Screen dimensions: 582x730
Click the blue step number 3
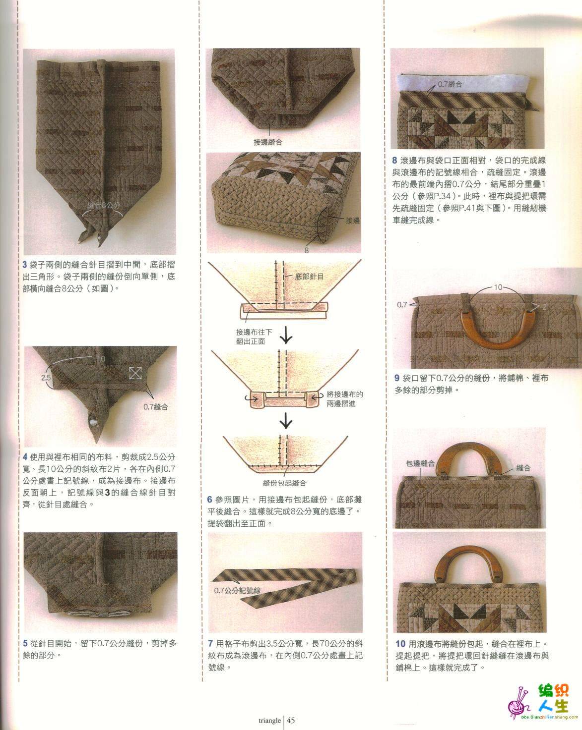pyautogui.click(x=25, y=265)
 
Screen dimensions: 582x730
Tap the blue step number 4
pyautogui.click(x=25, y=457)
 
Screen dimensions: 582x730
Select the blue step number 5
pyautogui.click(x=25, y=643)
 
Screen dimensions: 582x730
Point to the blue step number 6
pyautogui.click(x=209, y=500)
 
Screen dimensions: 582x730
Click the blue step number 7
pyautogui.click(x=210, y=643)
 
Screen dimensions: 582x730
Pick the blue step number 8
pyautogui.click(x=394, y=161)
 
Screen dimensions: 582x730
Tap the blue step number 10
pyautogui.click(x=400, y=643)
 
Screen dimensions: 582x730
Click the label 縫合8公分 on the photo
pyautogui.click(x=104, y=205)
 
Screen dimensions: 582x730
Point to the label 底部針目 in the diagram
pyautogui.click(x=309, y=277)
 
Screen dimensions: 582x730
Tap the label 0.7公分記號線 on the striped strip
pyautogui.click(x=237, y=591)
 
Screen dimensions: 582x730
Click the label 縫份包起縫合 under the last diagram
pyautogui.click(x=285, y=483)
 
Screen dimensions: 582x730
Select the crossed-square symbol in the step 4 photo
pyautogui.click(x=135, y=373)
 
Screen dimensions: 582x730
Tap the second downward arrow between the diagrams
pyautogui.click(x=286, y=421)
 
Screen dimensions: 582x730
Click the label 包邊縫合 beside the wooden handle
pyautogui.click(x=420, y=463)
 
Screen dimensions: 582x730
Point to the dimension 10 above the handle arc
pyautogui.click(x=498, y=287)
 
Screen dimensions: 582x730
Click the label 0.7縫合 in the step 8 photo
pyautogui.click(x=450, y=84)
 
